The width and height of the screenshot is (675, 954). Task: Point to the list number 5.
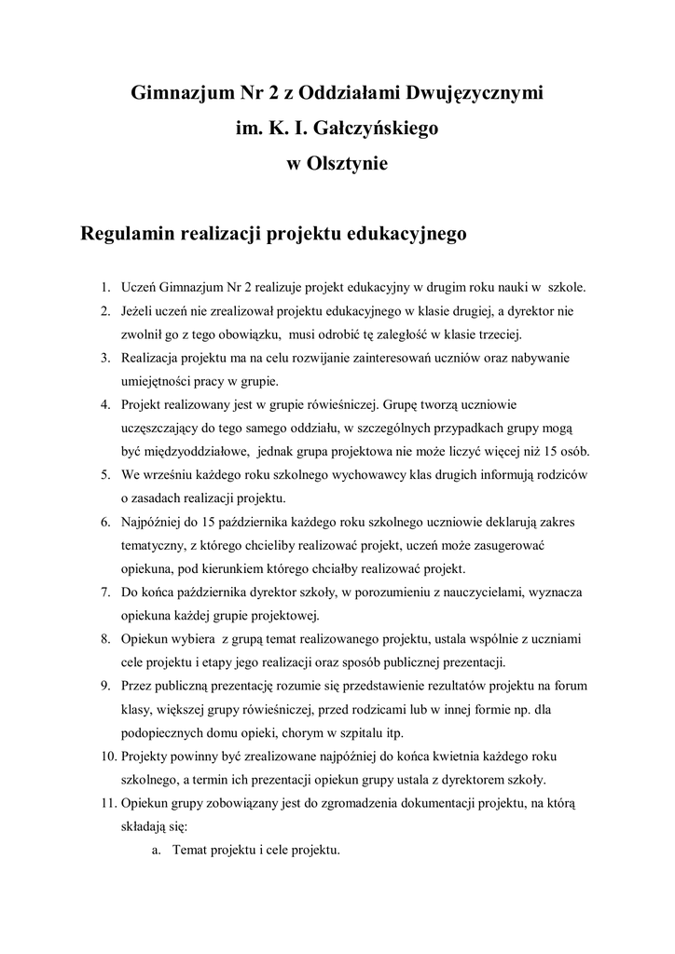pos(106,474)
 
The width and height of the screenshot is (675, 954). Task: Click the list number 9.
pos(106,686)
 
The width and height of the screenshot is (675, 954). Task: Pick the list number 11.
pos(103,803)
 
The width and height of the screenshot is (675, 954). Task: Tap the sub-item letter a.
pos(156,850)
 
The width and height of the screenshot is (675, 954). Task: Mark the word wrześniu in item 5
pos(172,474)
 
